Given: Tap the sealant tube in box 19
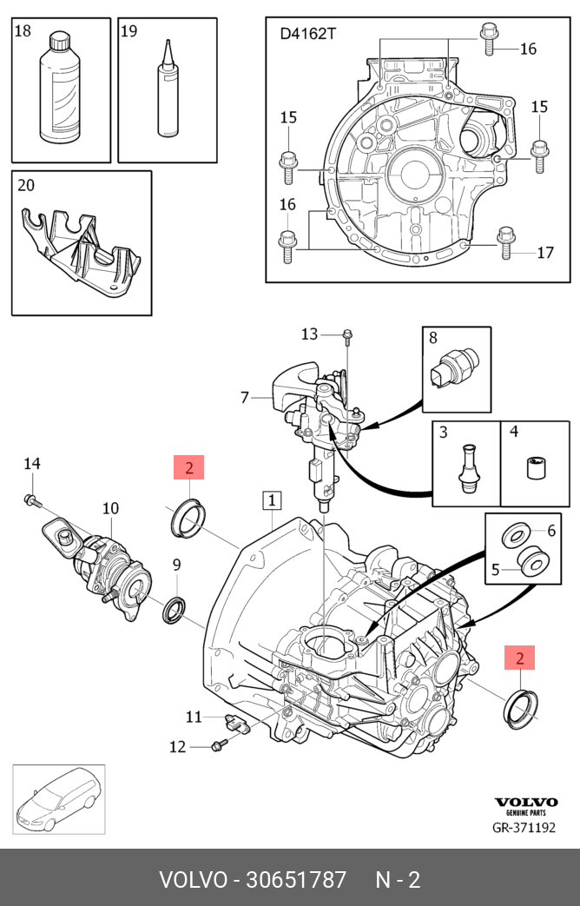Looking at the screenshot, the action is click(168, 89).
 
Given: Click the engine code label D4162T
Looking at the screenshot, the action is click(307, 34).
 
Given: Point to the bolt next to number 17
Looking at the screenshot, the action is click(505, 241).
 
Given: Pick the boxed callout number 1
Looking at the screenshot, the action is click(272, 500).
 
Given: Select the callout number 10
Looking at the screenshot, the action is click(110, 508).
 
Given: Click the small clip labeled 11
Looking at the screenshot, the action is click(235, 724).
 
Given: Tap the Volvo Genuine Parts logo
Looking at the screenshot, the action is click(525, 805).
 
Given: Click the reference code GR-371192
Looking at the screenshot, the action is click(524, 828).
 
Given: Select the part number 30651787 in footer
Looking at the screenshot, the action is click(296, 880).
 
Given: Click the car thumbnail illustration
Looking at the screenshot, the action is click(58, 800).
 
